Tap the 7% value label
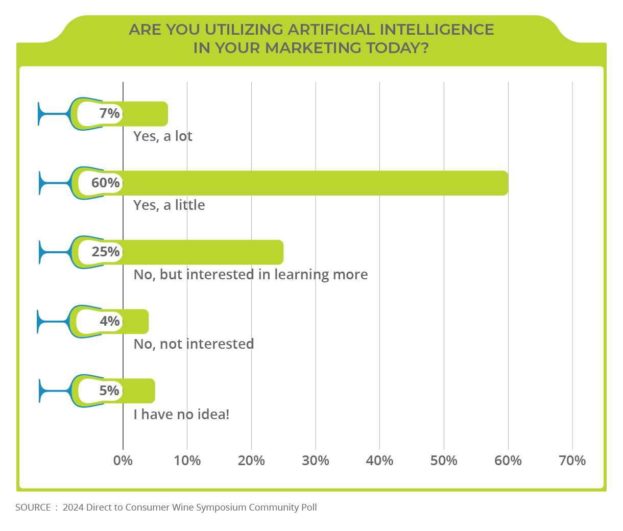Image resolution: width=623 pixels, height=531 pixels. coord(109,113)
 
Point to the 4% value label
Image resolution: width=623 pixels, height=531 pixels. coord(109,321)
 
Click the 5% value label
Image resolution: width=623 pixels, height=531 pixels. coord(109,391)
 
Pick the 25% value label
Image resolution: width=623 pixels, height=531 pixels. coord(106,252)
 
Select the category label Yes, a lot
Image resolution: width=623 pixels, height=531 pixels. coord(163,136)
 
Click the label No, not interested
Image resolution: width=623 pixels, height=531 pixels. coord(194,344)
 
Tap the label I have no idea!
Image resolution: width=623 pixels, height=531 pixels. coord(181,414)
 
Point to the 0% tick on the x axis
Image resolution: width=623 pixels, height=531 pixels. coord(123,461)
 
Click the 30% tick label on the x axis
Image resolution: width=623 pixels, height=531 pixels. coord(316,461)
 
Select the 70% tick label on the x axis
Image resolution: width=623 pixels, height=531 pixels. coord(572,461)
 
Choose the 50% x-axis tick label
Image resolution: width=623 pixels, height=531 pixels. coord(444,461)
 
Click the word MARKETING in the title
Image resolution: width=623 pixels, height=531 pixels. coord(313,47)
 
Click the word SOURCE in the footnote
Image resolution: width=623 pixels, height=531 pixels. coord(33,508)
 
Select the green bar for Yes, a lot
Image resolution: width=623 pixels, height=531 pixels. coord(145,113)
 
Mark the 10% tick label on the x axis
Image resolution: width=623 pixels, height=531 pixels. coord(187,461)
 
